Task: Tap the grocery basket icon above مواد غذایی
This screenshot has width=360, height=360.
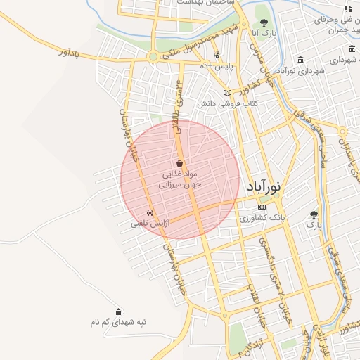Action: pyautogui.click(x=179, y=163)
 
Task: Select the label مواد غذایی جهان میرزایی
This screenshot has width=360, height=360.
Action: pyautogui.click(x=179, y=179)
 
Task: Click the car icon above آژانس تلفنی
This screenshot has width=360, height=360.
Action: pyautogui.click(x=149, y=212)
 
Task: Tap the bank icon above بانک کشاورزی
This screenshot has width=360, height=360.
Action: pyautogui.click(x=262, y=207)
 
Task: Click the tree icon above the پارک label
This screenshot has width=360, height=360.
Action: pyautogui.click(x=314, y=214)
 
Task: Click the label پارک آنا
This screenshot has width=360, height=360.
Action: pyautogui.click(x=262, y=32)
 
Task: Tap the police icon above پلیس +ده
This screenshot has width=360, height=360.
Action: pyautogui.click(x=217, y=54)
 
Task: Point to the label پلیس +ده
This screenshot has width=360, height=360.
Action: pyautogui.click(x=217, y=65)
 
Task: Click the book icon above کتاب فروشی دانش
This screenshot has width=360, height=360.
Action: pyautogui.click(x=226, y=92)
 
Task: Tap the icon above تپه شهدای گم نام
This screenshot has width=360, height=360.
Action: pyautogui.click(x=117, y=311)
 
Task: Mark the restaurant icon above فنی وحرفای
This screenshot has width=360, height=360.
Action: pyautogui.click(x=347, y=8)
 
